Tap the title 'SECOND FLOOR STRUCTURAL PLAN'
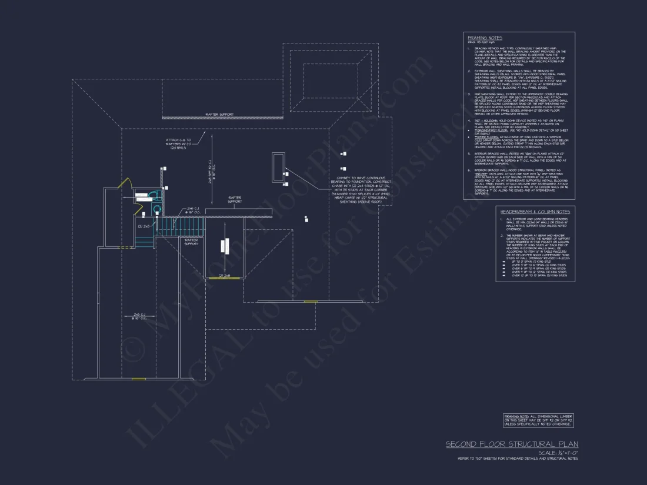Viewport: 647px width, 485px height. tap(511, 444)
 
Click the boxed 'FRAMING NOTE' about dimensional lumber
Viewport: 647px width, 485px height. tap(538, 420)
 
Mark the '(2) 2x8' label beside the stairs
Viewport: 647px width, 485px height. tap(144, 225)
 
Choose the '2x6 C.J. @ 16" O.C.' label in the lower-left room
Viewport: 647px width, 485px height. tap(139, 316)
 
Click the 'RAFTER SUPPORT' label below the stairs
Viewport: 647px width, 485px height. tap(191, 242)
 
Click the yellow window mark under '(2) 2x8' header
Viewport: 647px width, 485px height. tap(224, 277)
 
